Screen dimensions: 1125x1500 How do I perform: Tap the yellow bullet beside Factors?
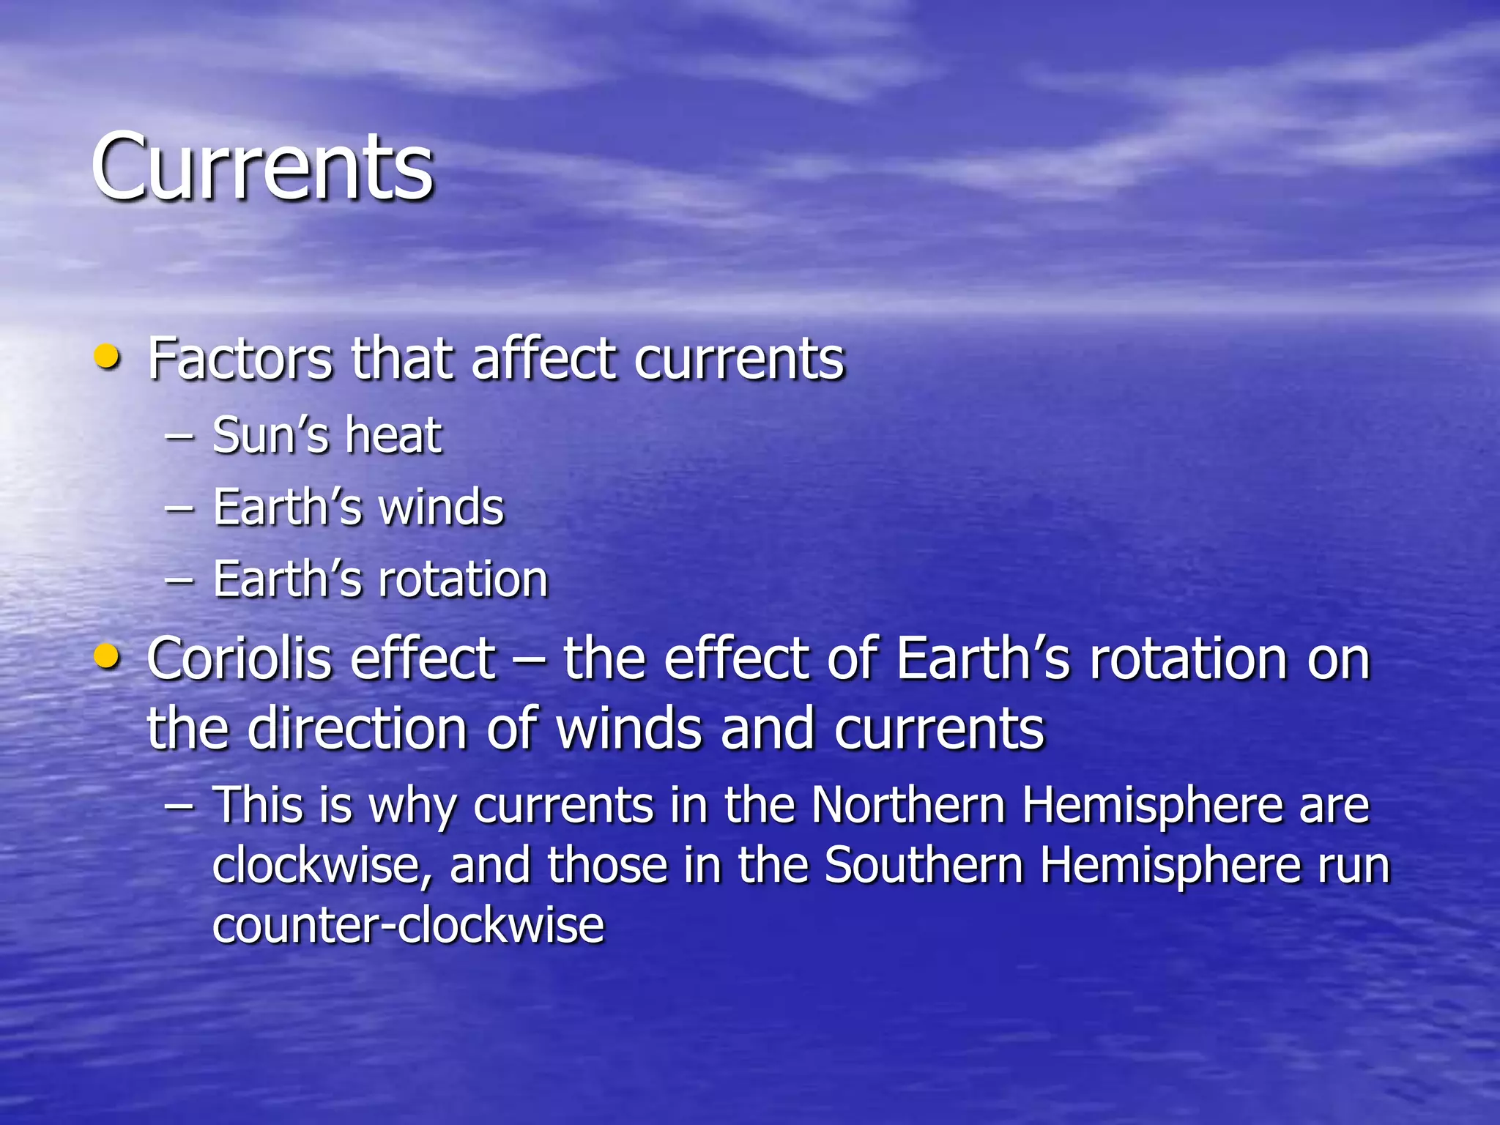(x=108, y=357)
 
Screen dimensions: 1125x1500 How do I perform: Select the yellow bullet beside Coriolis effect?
(x=108, y=657)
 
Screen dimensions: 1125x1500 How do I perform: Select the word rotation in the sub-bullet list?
(x=463, y=579)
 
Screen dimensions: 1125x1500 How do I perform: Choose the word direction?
(x=357, y=729)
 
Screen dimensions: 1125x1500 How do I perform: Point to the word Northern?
(x=907, y=806)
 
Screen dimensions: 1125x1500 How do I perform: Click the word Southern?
(x=923, y=866)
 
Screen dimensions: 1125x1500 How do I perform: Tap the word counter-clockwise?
(x=408, y=924)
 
